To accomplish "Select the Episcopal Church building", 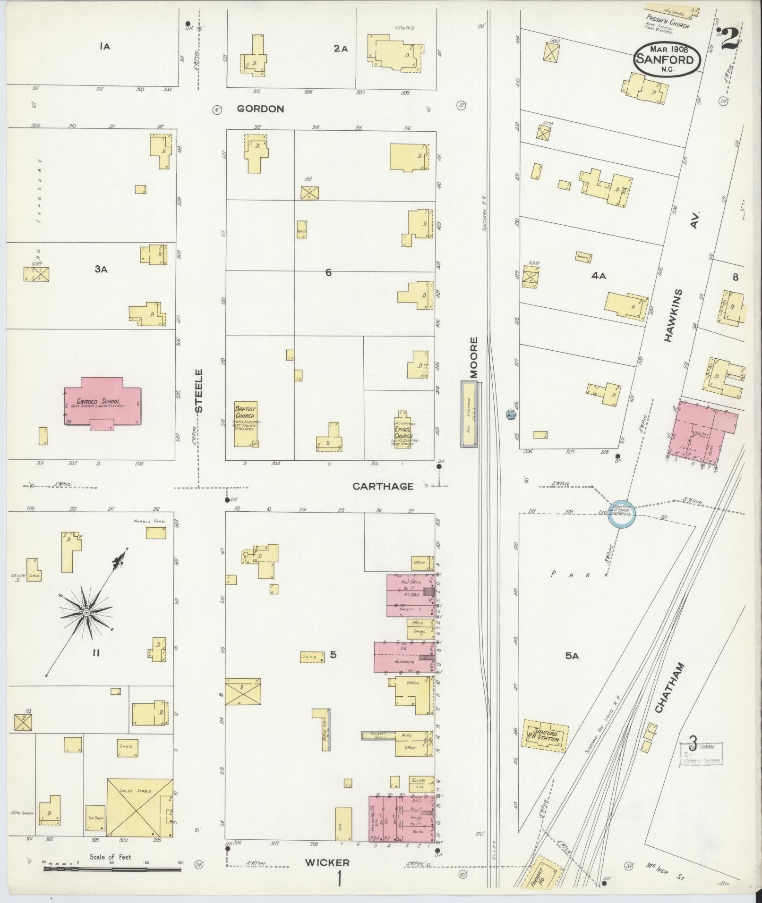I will [403, 431].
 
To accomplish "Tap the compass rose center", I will [86, 612].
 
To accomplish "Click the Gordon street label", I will [260, 109].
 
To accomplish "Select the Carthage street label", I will [383, 486].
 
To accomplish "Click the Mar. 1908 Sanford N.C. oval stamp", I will [667, 59].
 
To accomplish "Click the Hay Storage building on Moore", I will [469, 414].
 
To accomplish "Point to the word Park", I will [580, 574].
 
